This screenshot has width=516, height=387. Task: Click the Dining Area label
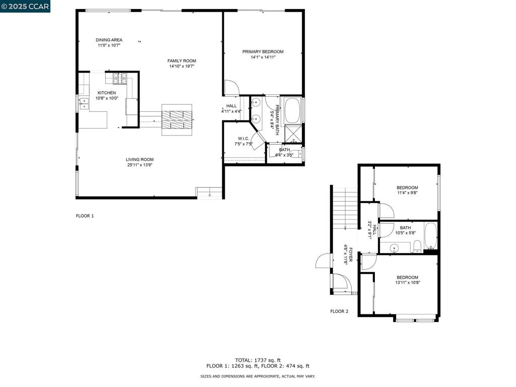[109, 40]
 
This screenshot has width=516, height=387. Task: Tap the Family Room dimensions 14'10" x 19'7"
[181, 66]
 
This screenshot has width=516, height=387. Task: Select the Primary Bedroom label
[263, 52]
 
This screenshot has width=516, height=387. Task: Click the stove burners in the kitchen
[120, 78]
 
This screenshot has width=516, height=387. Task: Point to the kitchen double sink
[84, 104]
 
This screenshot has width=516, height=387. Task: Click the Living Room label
[140, 160]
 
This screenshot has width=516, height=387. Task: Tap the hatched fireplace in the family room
[177, 120]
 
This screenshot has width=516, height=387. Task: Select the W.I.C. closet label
[243, 139]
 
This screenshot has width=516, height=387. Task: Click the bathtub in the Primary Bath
[293, 110]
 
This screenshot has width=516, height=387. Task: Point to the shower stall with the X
[293, 134]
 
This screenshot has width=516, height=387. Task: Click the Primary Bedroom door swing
[232, 88]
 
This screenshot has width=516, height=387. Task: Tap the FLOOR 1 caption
[85, 216]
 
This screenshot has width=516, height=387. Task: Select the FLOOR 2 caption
[339, 311]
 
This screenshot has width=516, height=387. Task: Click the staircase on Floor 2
[345, 208]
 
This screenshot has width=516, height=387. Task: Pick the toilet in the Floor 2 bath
[417, 246]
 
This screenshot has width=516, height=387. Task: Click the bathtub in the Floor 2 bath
[430, 236]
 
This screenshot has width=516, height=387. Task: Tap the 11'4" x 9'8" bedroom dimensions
[407, 193]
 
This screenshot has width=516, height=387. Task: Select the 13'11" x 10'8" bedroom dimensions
[407, 282]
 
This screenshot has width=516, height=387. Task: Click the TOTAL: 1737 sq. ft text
[258, 360]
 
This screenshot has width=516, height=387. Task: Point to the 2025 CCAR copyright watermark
[25, 6]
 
